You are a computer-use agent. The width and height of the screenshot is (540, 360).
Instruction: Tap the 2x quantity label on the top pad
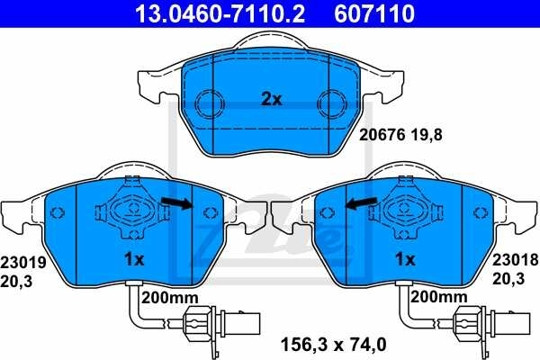[271, 99]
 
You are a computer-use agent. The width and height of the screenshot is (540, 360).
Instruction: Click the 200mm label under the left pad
[169, 296]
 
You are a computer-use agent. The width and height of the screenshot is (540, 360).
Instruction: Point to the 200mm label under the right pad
[439, 296]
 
